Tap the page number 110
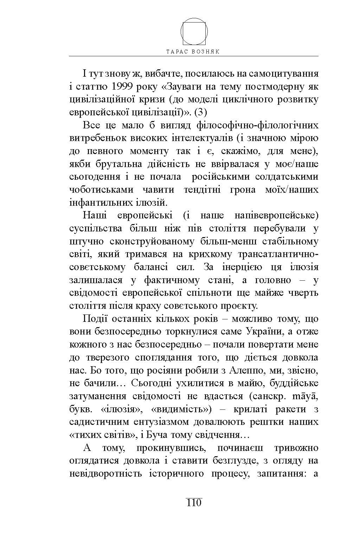193,502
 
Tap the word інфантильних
101,203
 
